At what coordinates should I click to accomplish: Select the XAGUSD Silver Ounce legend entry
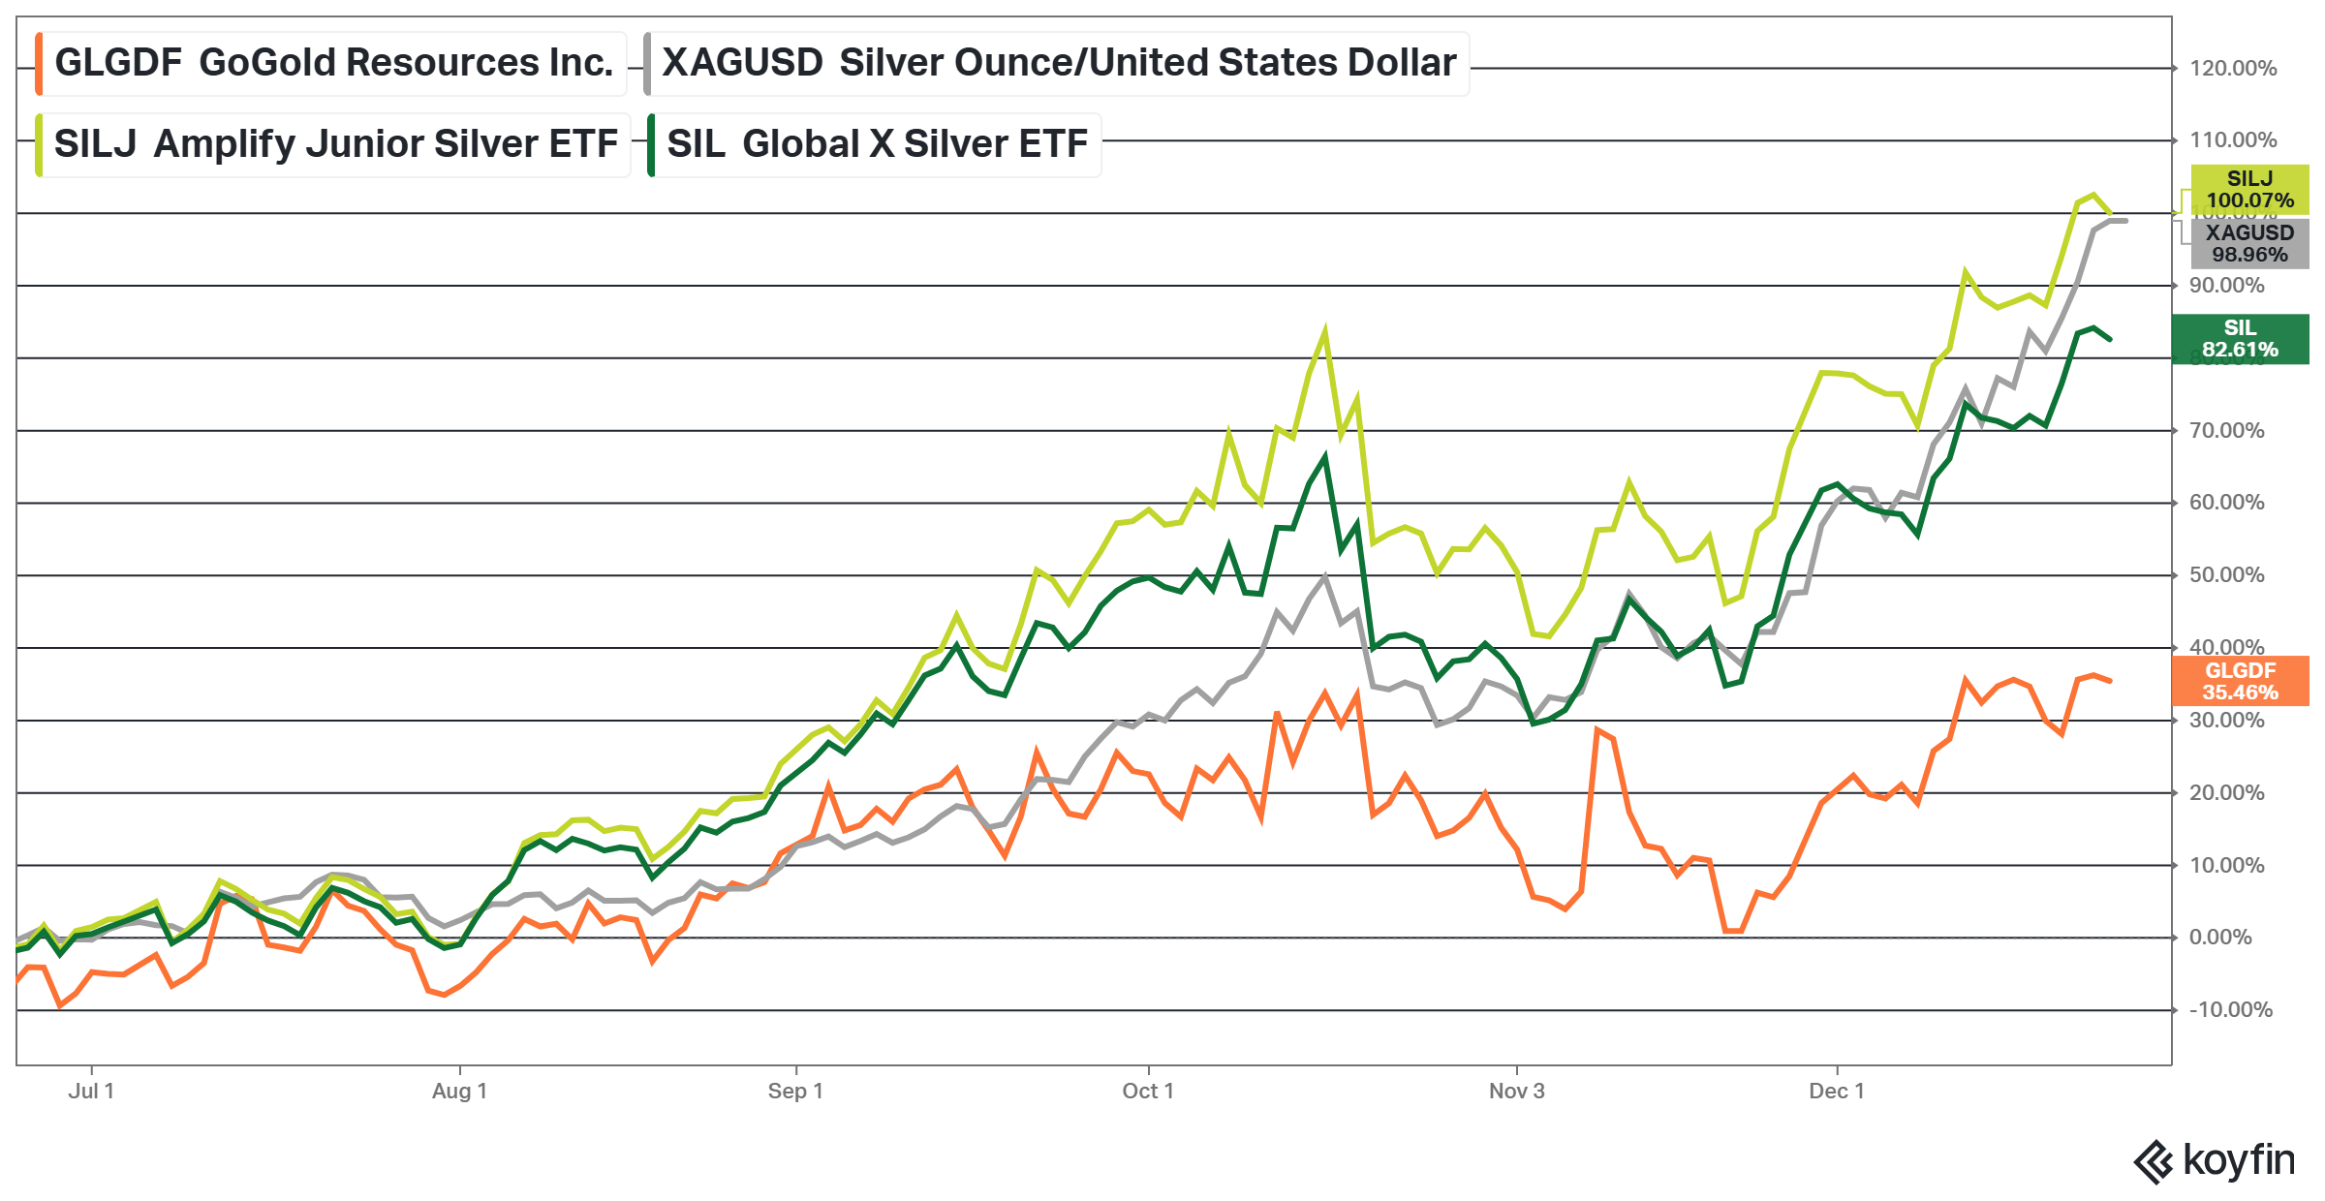coord(1058,63)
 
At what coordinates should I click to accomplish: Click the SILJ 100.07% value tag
coord(2249,190)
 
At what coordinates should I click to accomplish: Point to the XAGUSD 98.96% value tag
coord(2249,244)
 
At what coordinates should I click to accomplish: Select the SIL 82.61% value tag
coord(2240,339)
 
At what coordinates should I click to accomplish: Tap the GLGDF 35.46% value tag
coord(2240,681)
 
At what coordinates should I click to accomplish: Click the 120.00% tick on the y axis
coord(2233,69)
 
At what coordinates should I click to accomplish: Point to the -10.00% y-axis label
coord(2230,1010)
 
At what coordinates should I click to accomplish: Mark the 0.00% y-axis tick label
coord(2220,938)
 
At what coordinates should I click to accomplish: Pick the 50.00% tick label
coord(2226,575)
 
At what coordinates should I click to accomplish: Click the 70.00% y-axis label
coord(2226,431)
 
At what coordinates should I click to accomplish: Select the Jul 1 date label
coord(91,1092)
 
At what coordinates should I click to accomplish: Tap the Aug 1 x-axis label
coord(459,1092)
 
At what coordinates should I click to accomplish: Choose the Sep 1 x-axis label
coord(795,1092)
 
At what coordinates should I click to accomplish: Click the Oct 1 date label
coord(1148,1092)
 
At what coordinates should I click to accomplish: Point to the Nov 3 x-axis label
coord(1516,1092)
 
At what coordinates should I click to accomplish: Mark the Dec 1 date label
coord(1836,1092)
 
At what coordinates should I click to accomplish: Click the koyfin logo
coord(2214,1161)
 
